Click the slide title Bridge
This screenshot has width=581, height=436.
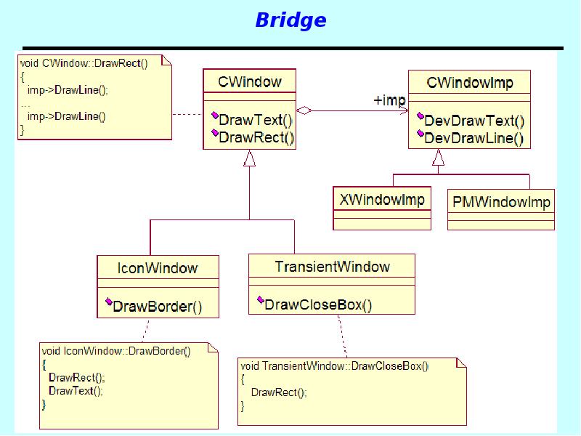click(290, 20)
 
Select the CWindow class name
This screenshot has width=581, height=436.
click(249, 81)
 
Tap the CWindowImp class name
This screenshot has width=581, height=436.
click(469, 83)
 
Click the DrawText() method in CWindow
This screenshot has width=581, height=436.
click(255, 119)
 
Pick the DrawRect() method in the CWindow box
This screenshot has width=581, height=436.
click(256, 138)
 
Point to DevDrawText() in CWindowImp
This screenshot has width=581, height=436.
click(474, 121)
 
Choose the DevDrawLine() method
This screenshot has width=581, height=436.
click(474, 138)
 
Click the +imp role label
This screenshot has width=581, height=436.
click(389, 100)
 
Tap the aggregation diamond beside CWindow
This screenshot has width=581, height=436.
click(304, 111)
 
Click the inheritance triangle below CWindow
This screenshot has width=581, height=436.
click(250, 158)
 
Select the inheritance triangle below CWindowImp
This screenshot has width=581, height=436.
click(438, 157)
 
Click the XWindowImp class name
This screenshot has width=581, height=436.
click(382, 200)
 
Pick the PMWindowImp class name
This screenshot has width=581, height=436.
click(501, 201)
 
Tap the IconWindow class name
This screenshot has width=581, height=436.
click(158, 267)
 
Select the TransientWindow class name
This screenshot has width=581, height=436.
click(332, 267)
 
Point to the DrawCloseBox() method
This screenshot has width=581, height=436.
click(317, 304)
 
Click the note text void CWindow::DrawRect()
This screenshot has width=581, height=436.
click(84, 63)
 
